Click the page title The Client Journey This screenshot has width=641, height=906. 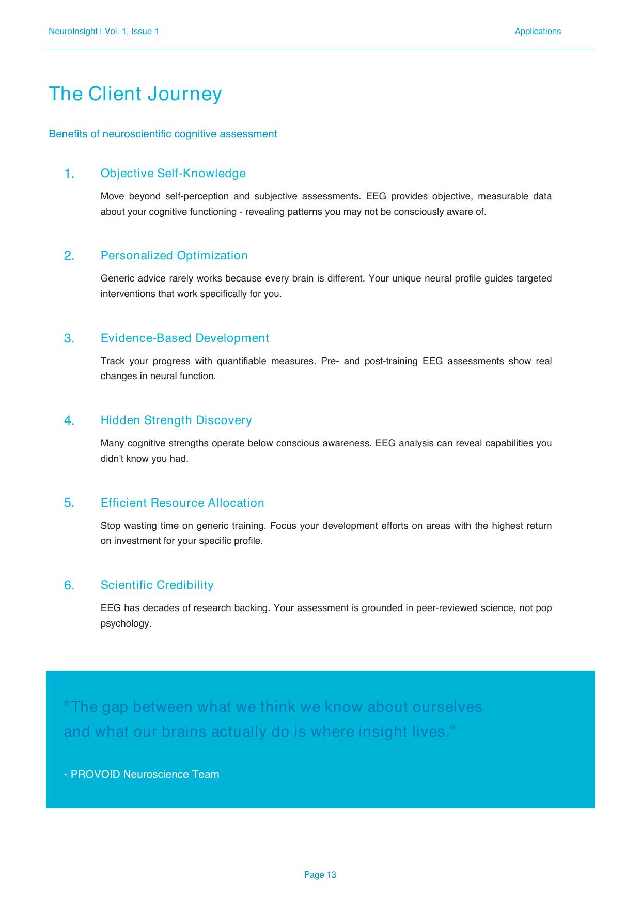pyautogui.click(x=135, y=94)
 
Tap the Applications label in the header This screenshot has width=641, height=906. pyautogui.click(x=537, y=32)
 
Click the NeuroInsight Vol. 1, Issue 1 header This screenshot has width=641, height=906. pyautogui.click(x=103, y=32)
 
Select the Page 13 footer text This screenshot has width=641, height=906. pyautogui.click(x=320, y=874)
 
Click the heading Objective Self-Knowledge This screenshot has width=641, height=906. pyautogui.click(x=173, y=174)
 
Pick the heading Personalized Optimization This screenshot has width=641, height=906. pyautogui.click(x=174, y=256)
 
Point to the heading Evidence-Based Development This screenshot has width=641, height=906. pyautogui.click(x=184, y=338)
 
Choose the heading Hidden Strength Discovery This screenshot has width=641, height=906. pyautogui.click(x=176, y=420)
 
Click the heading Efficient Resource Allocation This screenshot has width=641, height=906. pyautogui.click(x=182, y=503)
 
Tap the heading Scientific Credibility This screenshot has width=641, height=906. pyautogui.click(x=157, y=585)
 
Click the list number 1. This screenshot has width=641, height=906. pyautogui.click(x=69, y=174)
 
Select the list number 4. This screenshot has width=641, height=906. pyautogui.click(x=69, y=421)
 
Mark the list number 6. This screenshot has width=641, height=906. pyautogui.click(x=69, y=586)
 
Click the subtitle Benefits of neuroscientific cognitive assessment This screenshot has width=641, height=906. pyautogui.click(x=163, y=134)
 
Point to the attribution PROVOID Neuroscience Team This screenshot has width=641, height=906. pyautogui.click(x=142, y=774)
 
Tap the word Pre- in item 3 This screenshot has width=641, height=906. pyautogui.click(x=330, y=361)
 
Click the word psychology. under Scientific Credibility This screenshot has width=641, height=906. pyautogui.click(x=126, y=623)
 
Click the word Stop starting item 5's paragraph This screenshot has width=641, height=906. pyautogui.click(x=110, y=526)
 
